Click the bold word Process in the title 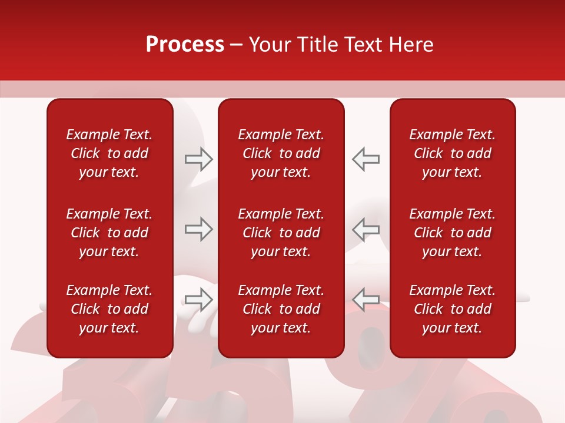[x=185, y=45]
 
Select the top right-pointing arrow [x=198, y=159]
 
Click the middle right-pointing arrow [x=198, y=229]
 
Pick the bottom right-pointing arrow [x=198, y=300]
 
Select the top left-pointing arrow [x=365, y=159]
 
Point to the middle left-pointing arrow [x=365, y=229]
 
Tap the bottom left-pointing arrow [x=365, y=300]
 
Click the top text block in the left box [x=109, y=153]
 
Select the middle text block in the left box [x=109, y=233]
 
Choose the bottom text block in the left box [x=109, y=309]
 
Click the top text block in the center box [x=281, y=153]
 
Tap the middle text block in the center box [x=281, y=233]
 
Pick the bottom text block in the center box [x=281, y=309]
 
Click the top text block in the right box [x=452, y=153]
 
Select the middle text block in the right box [x=452, y=233]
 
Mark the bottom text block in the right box [x=452, y=309]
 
